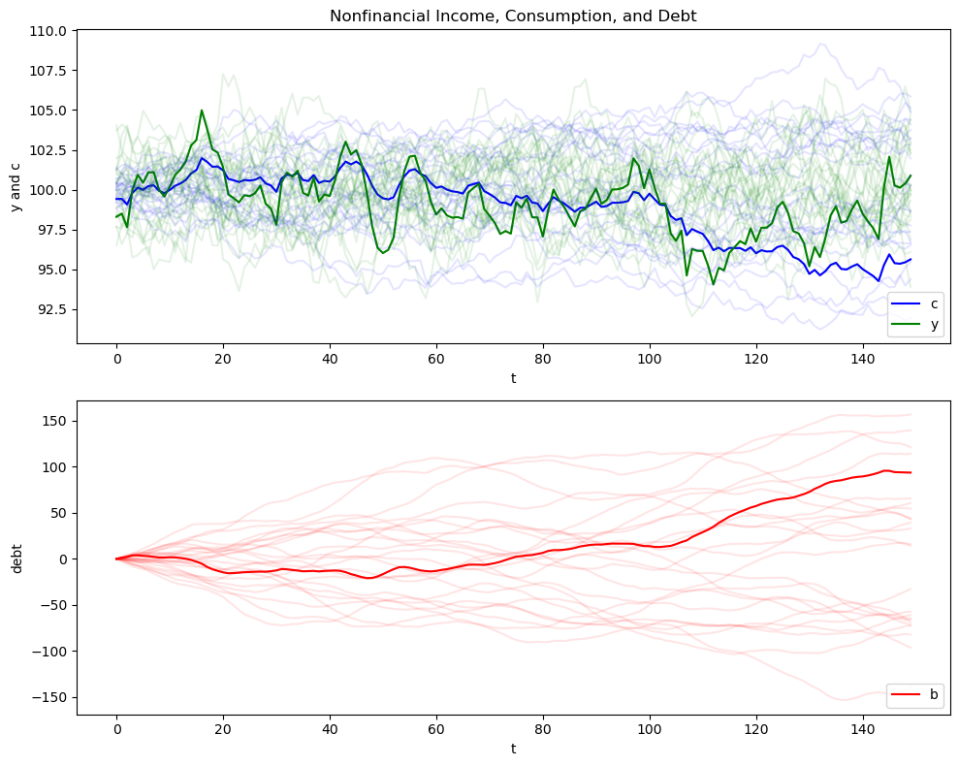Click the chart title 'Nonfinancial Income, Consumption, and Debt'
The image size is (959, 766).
[513, 16]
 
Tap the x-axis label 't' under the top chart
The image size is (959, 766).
[513, 377]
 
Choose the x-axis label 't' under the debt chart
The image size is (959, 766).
[513, 750]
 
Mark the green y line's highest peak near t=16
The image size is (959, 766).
[202, 111]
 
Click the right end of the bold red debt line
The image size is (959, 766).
[911, 472]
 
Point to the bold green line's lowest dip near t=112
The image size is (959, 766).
[714, 284]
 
